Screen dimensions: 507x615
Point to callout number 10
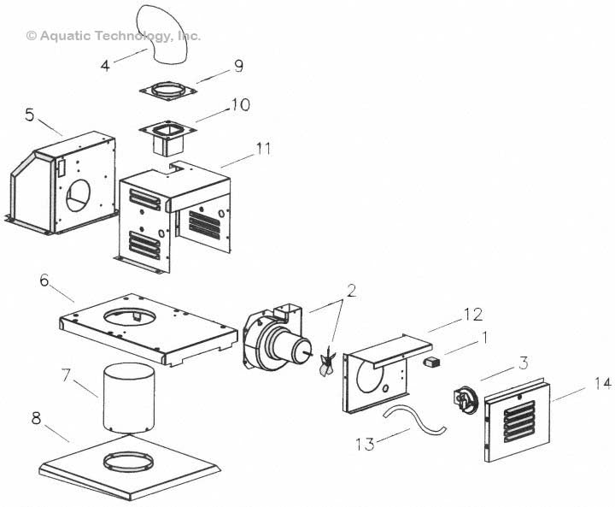click(x=239, y=105)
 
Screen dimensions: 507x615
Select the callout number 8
click(x=37, y=419)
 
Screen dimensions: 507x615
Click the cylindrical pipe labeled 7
click(x=128, y=398)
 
